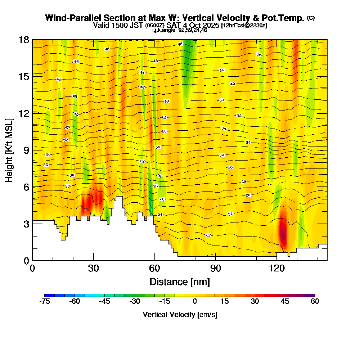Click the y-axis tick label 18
coord(24,40)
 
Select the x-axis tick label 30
coord(94,268)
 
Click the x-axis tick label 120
coord(277,268)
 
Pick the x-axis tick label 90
coord(216,268)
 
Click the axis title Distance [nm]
coord(180,281)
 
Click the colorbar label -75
coord(44,301)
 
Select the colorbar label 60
coord(315,301)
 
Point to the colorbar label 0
coord(195,301)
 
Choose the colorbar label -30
coord(134,301)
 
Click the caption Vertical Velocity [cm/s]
coord(180,315)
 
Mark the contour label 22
coord(208,235)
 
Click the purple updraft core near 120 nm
coord(283,234)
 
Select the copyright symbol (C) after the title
coord(311,18)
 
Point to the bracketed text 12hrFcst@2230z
coord(244,26)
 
